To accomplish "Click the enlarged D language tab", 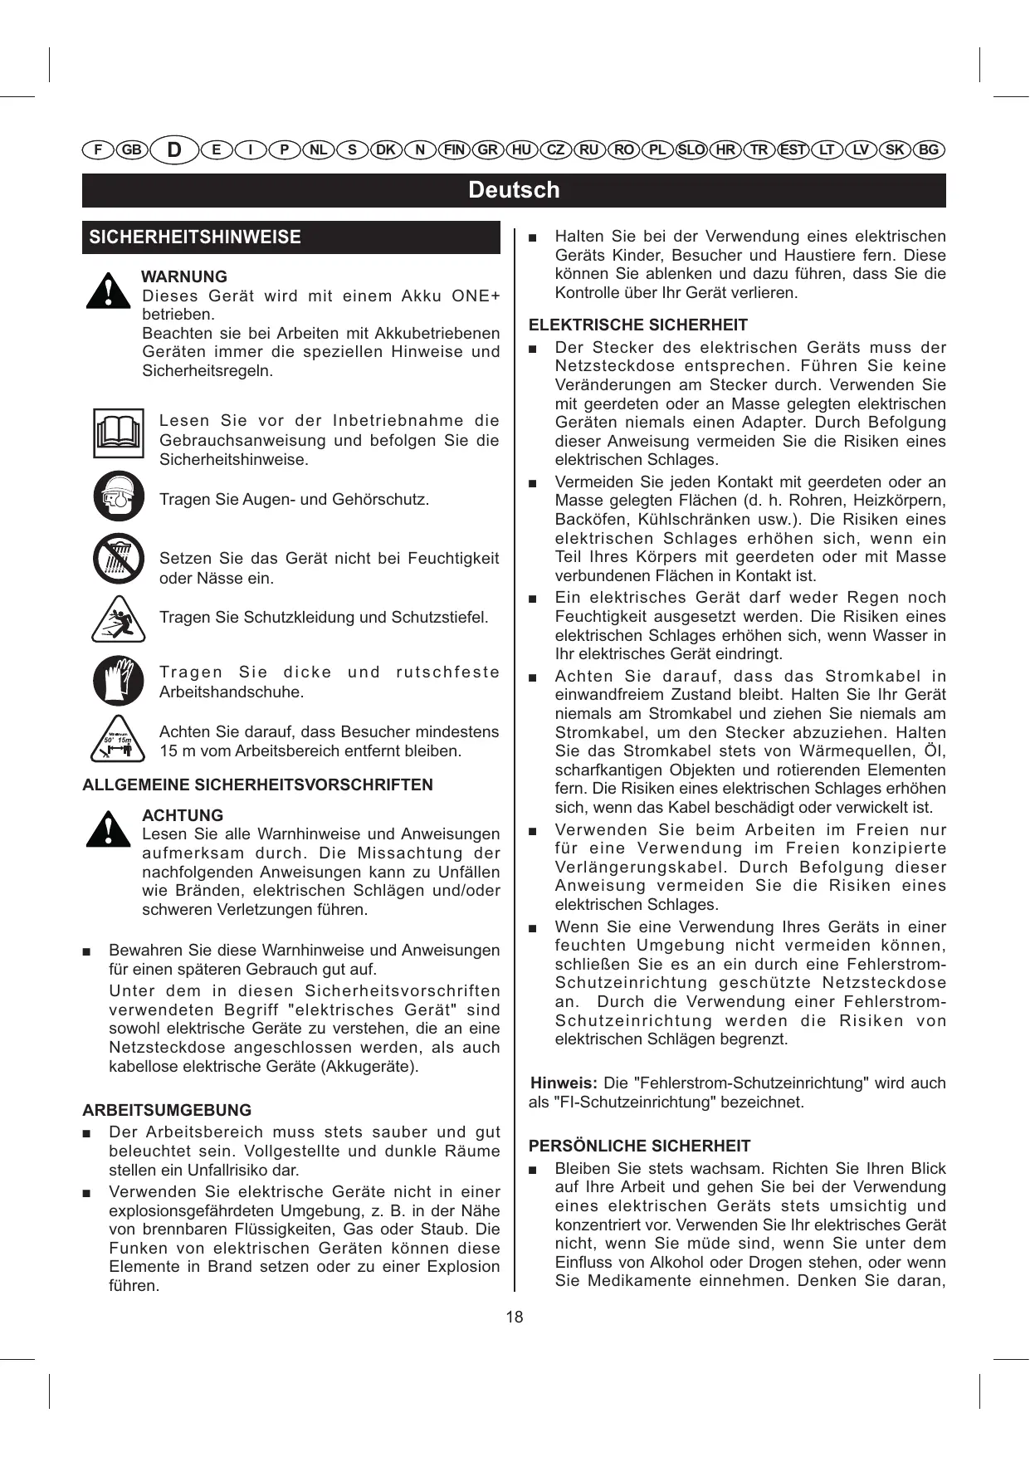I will tap(174, 150).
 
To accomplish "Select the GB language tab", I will tap(131, 150).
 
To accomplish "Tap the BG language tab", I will tap(929, 150).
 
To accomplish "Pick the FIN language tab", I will tap(454, 150).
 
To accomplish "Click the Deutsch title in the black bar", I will tap(514, 190).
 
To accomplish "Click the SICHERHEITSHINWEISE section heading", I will tap(195, 237).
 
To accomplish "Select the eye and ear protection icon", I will tap(118, 496).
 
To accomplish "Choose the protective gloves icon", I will tap(118, 680).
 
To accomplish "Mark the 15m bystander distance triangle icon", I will tap(118, 739).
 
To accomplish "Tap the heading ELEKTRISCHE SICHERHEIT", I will tap(637, 325).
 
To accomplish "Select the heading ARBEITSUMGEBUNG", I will tap(166, 1110).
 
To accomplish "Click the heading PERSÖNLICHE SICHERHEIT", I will tap(639, 1147).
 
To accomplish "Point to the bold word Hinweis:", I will tap(564, 1083).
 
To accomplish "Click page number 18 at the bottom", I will tap(515, 1317).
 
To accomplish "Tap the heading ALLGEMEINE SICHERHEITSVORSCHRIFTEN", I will tap(257, 785).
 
